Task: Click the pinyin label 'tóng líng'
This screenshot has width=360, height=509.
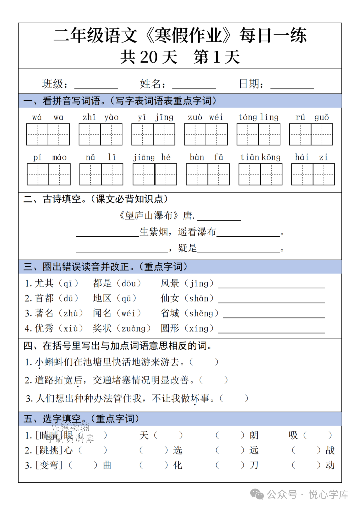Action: [258, 117]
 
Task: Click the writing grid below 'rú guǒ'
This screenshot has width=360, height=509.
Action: [311, 134]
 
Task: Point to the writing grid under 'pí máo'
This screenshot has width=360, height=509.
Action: [49, 174]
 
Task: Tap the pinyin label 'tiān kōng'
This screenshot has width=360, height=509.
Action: [260, 157]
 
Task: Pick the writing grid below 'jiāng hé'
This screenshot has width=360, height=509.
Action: [155, 174]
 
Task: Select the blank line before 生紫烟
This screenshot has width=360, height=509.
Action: [107, 235]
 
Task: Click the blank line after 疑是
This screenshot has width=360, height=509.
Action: [238, 252]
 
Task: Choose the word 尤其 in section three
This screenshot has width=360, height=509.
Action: [44, 283]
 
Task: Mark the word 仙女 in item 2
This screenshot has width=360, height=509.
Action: [170, 298]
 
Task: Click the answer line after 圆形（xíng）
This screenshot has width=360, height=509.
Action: [271, 332]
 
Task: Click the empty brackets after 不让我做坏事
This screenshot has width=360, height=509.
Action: [234, 398]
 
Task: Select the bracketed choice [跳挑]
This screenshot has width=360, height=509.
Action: [49, 450]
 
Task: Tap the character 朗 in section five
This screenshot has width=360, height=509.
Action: [254, 435]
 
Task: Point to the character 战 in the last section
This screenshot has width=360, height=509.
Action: [330, 450]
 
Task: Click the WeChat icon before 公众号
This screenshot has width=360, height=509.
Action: [257, 494]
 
